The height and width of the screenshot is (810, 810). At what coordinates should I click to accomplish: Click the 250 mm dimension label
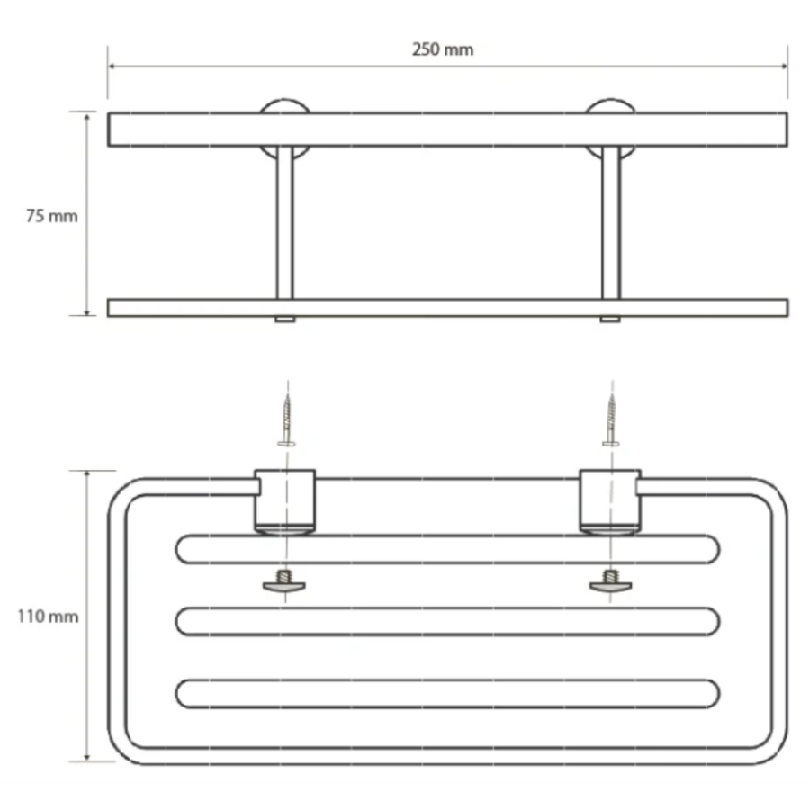(x=443, y=49)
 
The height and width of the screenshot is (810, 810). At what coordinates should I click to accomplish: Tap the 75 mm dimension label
(x=52, y=216)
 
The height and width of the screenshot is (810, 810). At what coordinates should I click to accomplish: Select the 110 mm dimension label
(x=48, y=616)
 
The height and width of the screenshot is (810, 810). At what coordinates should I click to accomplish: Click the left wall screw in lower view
(x=286, y=419)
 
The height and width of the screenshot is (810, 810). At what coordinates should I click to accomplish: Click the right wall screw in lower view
(x=611, y=419)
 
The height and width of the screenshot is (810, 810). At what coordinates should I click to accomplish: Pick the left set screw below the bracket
(x=284, y=581)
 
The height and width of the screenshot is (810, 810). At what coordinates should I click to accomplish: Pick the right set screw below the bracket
(x=610, y=581)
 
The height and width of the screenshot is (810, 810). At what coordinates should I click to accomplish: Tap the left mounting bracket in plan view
(x=284, y=501)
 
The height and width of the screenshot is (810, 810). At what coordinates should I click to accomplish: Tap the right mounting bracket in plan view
(x=610, y=501)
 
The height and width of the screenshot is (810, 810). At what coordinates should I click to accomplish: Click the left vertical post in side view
(x=284, y=222)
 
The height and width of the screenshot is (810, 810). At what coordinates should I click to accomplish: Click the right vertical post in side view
(x=610, y=222)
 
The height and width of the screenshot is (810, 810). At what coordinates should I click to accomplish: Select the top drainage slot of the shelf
(x=447, y=549)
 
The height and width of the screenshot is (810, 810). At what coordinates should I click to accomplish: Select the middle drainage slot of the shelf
(x=447, y=621)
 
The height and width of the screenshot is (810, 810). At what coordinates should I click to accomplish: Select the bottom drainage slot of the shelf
(x=447, y=693)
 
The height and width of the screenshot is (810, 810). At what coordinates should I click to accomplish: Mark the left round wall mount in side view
(x=284, y=129)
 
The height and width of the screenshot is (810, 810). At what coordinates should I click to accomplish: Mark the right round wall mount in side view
(x=610, y=129)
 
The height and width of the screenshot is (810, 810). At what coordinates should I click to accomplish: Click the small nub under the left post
(x=284, y=319)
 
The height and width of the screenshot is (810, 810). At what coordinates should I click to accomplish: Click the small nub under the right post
(x=610, y=319)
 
